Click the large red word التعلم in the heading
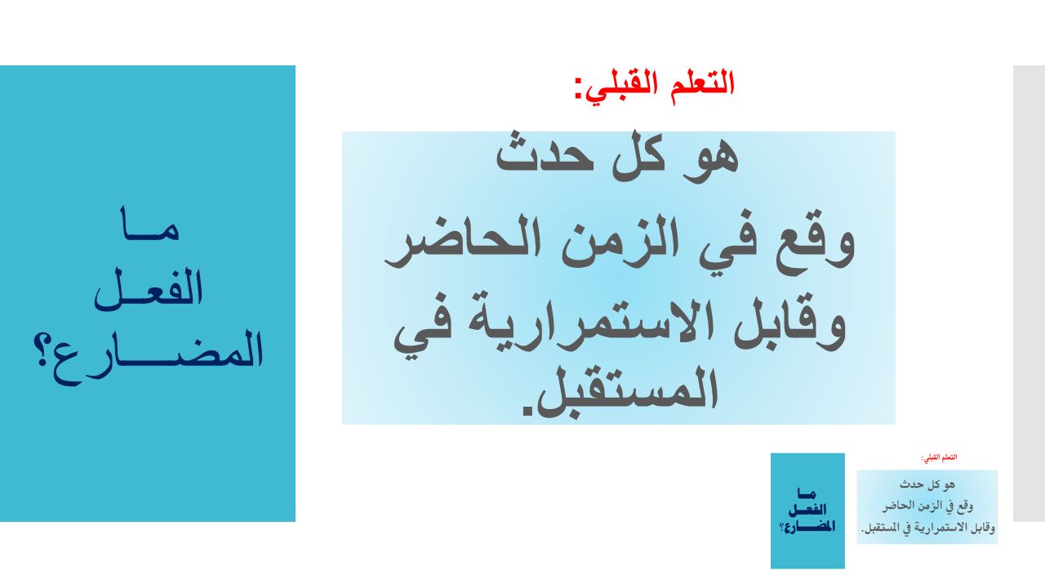click(x=703, y=84)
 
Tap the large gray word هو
click(x=710, y=158)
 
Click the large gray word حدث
click(x=545, y=155)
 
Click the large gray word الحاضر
click(x=463, y=243)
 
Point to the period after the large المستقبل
click(x=527, y=412)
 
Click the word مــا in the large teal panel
click(x=149, y=224)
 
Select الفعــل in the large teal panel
click(x=149, y=289)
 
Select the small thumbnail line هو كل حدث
click(x=927, y=484)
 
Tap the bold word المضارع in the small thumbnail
click(x=810, y=528)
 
